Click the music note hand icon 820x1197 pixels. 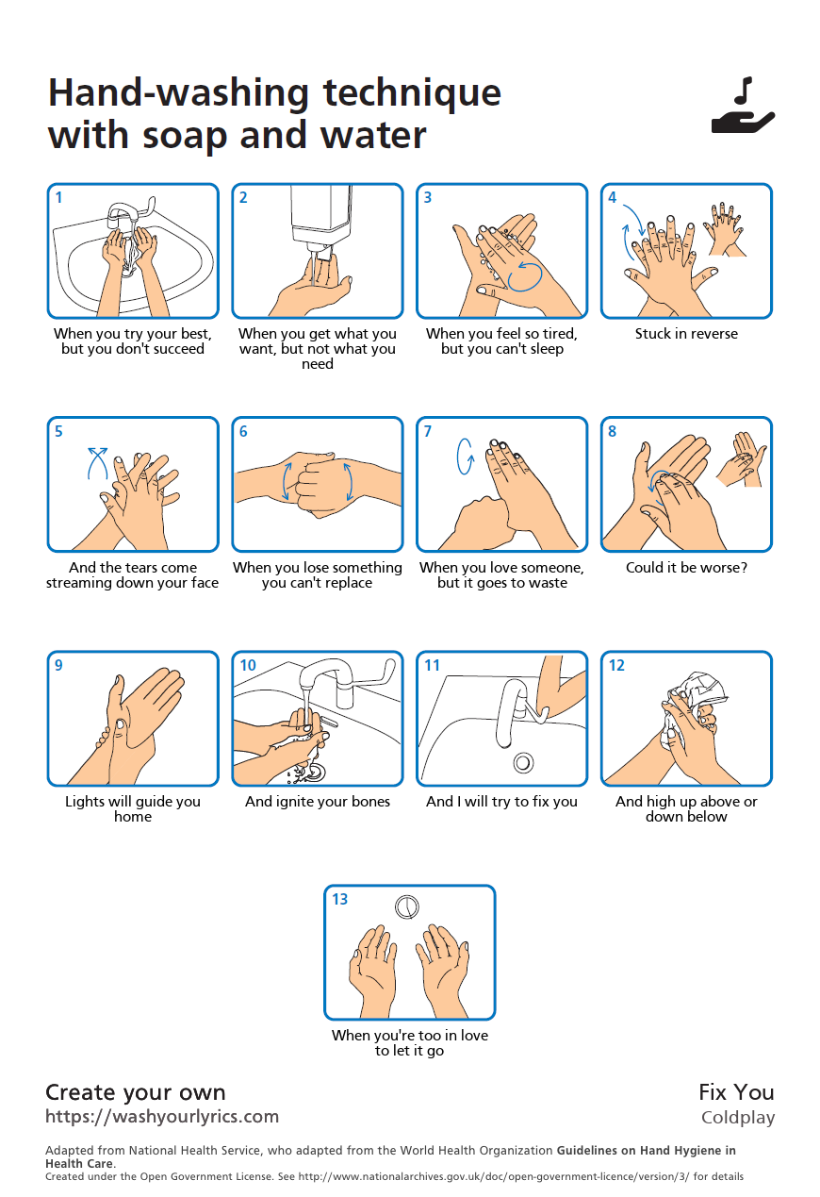coord(743,106)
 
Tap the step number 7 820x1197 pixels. coord(428,431)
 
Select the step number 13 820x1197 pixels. coord(339,899)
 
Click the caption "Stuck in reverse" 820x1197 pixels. coord(686,334)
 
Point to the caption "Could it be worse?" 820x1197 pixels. coord(686,567)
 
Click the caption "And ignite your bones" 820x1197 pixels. coord(318,801)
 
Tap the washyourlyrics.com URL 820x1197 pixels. coord(162,1116)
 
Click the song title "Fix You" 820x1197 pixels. coord(736,1092)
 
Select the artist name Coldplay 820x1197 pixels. coord(738,1118)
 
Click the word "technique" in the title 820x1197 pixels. coord(412,92)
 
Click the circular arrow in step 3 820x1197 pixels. coord(524,275)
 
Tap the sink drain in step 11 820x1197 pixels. coord(523,762)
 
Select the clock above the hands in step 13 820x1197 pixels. coord(407,906)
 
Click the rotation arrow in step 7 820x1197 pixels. coord(465,457)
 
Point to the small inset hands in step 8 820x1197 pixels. coord(742,459)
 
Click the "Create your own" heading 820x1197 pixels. coord(136,1092)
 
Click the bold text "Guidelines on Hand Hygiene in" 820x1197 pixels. coord(646,1151)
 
